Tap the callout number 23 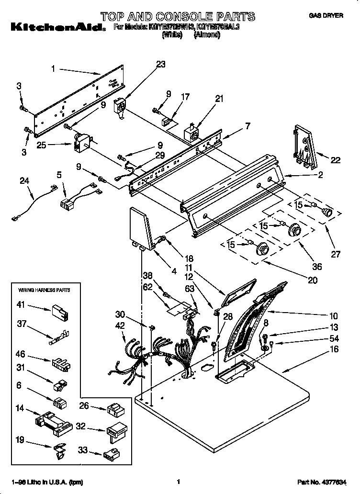click(x=160, y=65)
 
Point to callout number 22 click(x=336, y=160)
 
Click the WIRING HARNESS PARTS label click(x=44, y=290)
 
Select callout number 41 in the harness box click(x=21, y=304)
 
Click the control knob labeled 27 click(x=327, y=212)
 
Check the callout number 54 click(x=334, y=338)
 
